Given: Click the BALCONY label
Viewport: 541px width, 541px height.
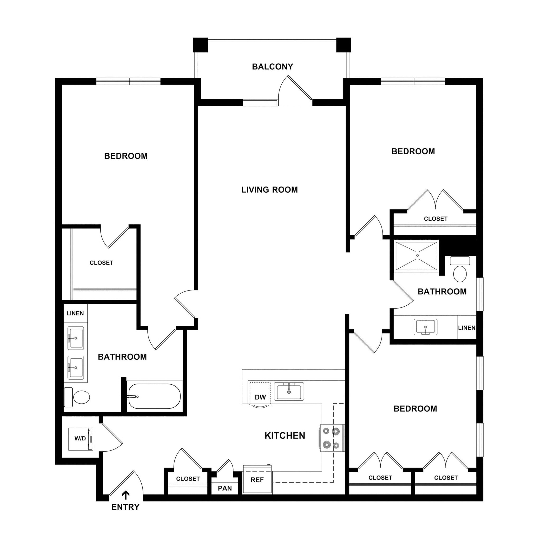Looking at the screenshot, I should (x=272, y=67).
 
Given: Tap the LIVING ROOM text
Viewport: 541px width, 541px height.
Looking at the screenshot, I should (x=269, y=190).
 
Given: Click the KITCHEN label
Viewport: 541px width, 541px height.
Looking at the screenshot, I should (x=285, y=436).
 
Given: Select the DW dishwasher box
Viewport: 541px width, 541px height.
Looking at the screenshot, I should (x=260, y=393).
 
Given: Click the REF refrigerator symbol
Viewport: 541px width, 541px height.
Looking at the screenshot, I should (x=257, y=480).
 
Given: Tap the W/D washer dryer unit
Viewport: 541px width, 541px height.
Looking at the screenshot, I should (x=81, y=439).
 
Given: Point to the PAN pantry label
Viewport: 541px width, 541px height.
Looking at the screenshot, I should (x=225, y=488).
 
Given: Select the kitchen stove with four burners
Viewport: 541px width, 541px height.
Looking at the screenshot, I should (x=332, y=438).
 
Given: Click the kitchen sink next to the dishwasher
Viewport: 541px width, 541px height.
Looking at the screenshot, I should (x=289, y=391).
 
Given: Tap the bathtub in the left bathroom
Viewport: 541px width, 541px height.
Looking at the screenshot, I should (x=154, y=396).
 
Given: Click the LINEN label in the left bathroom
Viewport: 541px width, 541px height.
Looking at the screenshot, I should (x=75, y=313).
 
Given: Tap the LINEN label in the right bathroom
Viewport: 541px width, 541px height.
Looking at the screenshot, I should (x=467, y=328).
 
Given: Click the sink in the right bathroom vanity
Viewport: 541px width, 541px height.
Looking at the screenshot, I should (x=425, y=327).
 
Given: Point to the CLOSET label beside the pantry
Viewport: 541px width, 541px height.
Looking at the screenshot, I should (x=188, y=479).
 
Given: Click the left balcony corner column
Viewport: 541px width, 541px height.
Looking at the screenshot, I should (x=200, y=45).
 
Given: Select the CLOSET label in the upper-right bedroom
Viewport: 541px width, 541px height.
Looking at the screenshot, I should (x=435, y=219).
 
